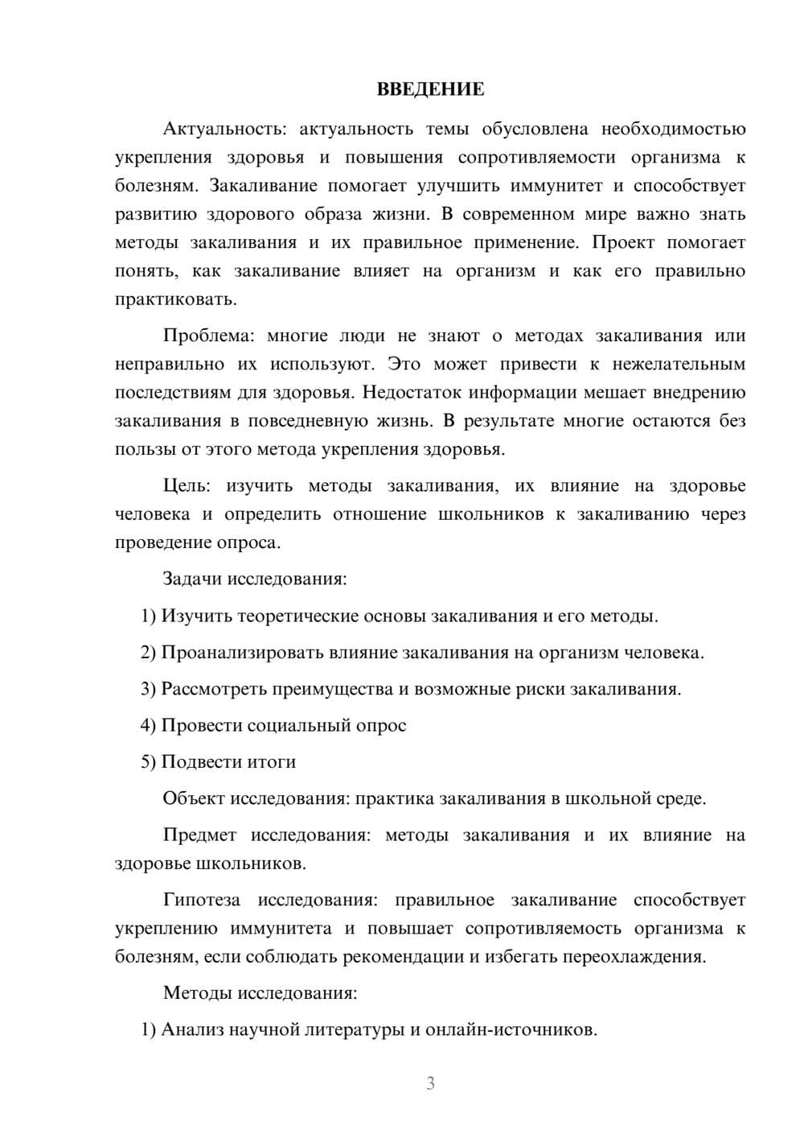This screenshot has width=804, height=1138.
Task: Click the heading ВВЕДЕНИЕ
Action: click(430, 89)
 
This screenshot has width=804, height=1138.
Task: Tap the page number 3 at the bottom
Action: click(430, 1083)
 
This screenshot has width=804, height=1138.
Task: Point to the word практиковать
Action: click(175, 300)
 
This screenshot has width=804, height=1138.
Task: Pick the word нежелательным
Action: click(679, 364)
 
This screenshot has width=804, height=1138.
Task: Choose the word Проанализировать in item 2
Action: click(242, 652)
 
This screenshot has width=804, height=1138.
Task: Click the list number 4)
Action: click(148, 725)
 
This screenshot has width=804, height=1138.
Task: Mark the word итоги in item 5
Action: click(271, 761)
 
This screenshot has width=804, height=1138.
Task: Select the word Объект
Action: click(194, 798)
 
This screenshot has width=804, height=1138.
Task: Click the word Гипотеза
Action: click(202, 900)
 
